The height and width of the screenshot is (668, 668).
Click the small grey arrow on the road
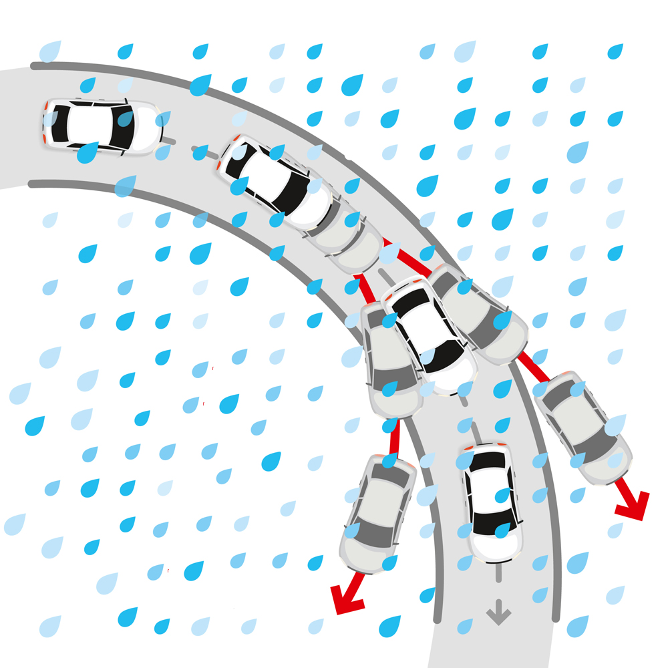[498, 611]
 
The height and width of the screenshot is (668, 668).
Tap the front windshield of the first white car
[125, 127]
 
